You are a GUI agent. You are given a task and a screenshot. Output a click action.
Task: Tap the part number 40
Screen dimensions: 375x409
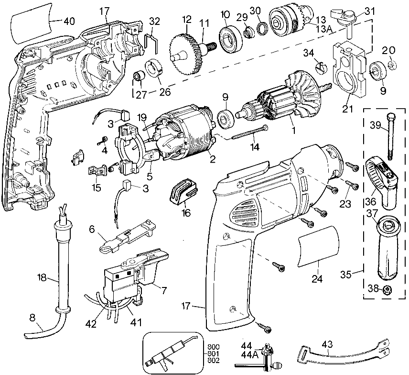tap(70, 21)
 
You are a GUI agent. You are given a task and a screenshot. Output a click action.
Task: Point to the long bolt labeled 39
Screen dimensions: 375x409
tap(390, 136)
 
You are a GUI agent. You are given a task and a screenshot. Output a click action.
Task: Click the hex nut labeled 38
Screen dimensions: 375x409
tap(387, 289)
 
